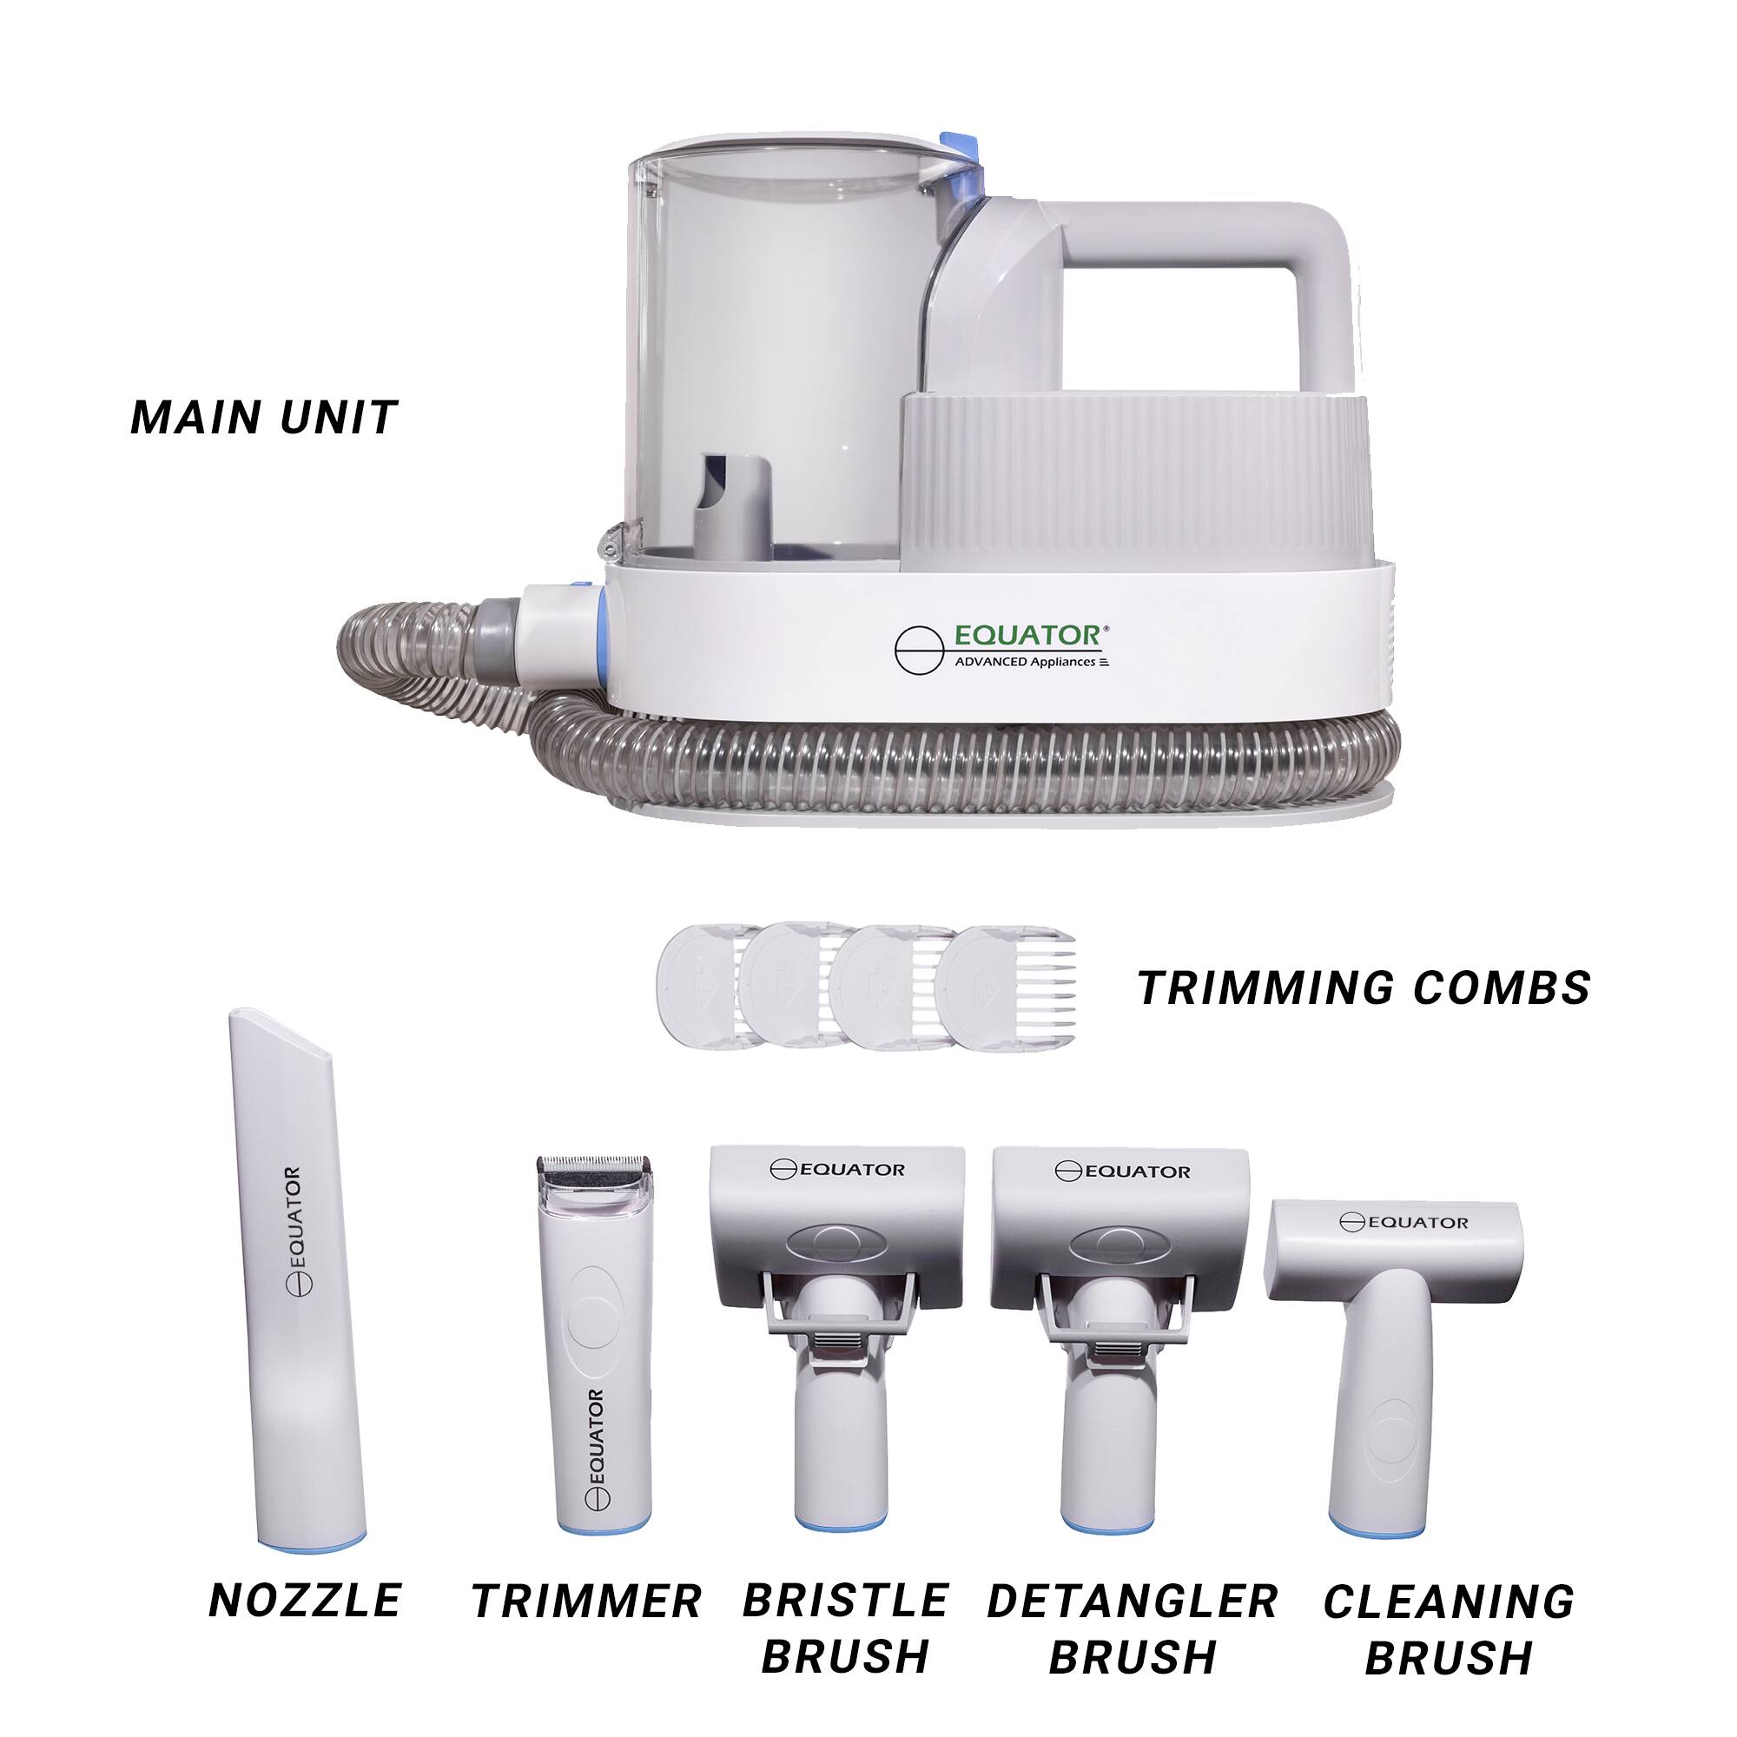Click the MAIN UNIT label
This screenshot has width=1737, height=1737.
click(x=263, y=417)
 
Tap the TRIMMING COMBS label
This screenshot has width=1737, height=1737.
click(x=1363, y=988)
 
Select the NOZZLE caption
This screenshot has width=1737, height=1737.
click(x=305, y=1601)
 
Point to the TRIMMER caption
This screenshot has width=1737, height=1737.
click(x=586, y=1602)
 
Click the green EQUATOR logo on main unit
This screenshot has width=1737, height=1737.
click(x=1026, y=636)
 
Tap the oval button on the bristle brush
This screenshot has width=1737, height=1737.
click(x=836, y=1244)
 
